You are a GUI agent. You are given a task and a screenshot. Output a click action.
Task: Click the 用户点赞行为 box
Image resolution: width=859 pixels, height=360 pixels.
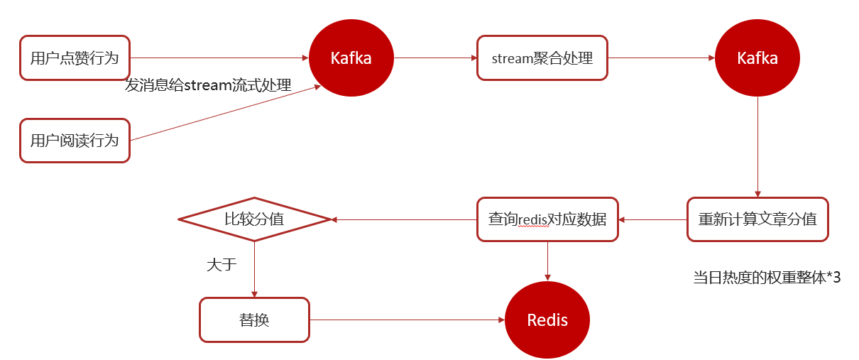75,58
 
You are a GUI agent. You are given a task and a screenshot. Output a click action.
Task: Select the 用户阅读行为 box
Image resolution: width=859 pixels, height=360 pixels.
75,141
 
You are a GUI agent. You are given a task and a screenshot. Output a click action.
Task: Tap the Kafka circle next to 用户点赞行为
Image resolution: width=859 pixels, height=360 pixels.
351,58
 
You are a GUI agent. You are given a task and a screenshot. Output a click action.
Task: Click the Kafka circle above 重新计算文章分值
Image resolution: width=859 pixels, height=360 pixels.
757,58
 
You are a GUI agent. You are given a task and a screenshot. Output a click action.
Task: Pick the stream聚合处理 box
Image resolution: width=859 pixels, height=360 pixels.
542,58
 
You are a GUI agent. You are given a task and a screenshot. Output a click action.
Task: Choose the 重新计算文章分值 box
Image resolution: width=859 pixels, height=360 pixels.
757,219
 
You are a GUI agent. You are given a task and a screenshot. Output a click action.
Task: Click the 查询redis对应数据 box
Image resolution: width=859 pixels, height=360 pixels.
547,219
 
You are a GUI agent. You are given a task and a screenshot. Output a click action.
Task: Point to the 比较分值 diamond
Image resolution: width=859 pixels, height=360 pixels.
254,219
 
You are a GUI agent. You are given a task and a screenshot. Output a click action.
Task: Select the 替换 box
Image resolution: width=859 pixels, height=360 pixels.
254,320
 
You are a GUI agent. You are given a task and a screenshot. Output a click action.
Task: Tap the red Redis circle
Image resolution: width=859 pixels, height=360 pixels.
547,320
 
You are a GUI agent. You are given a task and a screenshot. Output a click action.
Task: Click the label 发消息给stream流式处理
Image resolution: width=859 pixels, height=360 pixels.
208,85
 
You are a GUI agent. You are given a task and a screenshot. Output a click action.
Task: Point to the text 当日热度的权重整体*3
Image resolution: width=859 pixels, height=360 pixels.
767,277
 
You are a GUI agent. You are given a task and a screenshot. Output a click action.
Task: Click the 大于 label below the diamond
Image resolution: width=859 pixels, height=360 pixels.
221,265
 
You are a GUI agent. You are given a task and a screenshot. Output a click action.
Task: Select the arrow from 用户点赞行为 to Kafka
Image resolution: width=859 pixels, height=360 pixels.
220,58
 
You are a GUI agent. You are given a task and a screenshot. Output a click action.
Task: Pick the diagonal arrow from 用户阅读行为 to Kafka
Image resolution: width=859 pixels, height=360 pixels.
224,114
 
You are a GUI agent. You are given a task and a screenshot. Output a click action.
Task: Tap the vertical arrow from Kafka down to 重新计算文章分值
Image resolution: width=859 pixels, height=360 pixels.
757,146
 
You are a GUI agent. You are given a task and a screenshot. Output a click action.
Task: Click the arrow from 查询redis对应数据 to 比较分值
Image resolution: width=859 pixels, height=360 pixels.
403,219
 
